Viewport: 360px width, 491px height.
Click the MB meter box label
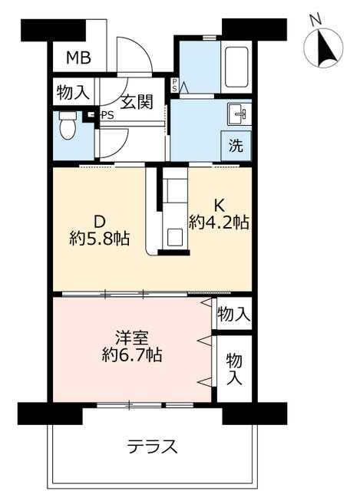click(78, 58)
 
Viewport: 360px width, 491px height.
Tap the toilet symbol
click(68, 125)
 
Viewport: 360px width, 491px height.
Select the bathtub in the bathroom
click(236, 67)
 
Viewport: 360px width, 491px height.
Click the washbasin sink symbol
click(239, 114)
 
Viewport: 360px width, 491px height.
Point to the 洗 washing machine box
click(236, 146)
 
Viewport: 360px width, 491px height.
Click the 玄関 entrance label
click(137, 101)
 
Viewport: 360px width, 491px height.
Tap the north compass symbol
click(323, 48)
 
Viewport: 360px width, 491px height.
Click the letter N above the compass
click(316, 18)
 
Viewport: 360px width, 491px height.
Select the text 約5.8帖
click(100, 239)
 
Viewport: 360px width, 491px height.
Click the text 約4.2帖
click(219, 222)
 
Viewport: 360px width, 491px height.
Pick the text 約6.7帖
click(132, 354)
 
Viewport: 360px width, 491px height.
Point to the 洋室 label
click(131, 338)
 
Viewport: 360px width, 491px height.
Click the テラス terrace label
click(153, 447)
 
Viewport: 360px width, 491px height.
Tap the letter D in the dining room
click(100, 222)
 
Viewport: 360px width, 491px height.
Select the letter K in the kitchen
click(219, 206)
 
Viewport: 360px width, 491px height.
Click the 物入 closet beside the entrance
click(73, 92)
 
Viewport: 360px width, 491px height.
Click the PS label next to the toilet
click(107, 116)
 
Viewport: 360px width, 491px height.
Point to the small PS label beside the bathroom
click(174, 85)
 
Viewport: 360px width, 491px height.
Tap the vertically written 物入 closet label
click(234, 368)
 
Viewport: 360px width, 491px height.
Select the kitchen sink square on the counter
click(175, 237)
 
